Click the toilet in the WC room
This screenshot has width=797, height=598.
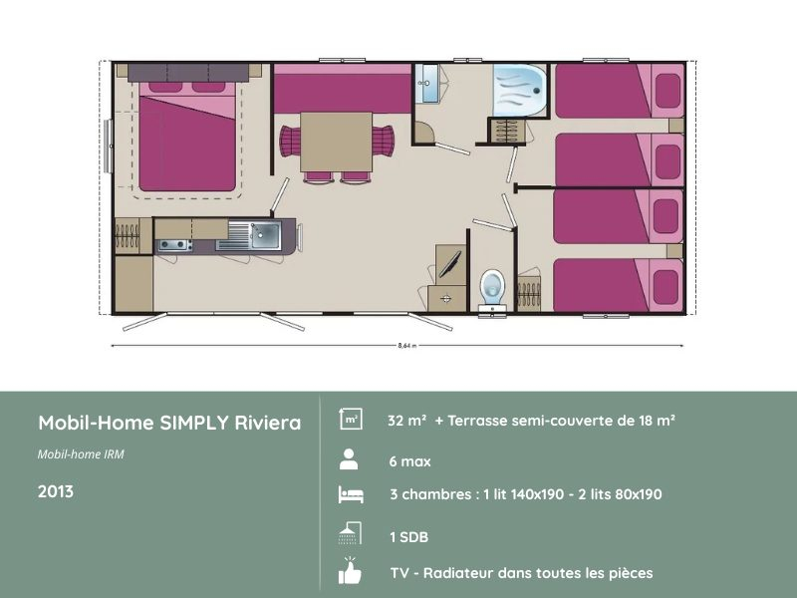490,287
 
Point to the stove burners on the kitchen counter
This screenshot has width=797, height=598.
173,243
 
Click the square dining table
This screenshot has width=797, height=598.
336,141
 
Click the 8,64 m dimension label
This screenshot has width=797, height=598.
405,345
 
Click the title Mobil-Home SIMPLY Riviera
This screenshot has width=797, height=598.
169,423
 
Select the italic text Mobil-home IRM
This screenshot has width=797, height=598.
81,454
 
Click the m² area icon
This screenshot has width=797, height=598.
351,420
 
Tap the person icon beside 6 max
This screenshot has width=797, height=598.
349,459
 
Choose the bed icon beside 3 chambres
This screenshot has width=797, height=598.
350,494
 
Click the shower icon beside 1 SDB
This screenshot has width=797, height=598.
349,534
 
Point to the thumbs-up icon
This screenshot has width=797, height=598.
350,572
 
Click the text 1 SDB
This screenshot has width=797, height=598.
408,537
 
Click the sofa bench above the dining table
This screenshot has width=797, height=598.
342,91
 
